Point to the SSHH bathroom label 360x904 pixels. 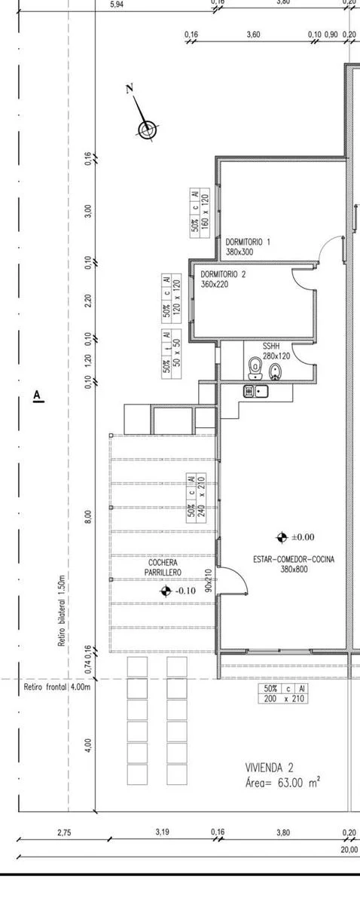pyautogui.click(x=271, y=347)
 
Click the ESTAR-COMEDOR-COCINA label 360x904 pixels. pyautogui.click(x=294, y=559)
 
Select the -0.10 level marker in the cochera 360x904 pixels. pyautogui.click(x=178, y=591)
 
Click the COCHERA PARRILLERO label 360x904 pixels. pyautogui.click(x=163, y=567)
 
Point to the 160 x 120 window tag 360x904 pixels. pyautogui.click(x=200, y=212)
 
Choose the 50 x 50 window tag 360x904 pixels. pyautogui.click(x=172, y=354)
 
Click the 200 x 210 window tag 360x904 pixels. pyautogui.click(x=283, y=693)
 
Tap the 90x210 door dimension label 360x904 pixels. pyautogui.click(x=209, y=580)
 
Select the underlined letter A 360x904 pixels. pyautogui.click(x=38, y=395)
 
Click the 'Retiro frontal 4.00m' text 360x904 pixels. pyautogui.click(x=57, y=686)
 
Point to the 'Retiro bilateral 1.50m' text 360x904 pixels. pyautogui.click(x=62, y=611)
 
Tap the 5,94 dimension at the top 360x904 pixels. pyautogui.click(x=117, y=5)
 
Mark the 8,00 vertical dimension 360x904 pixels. pyautogui.click(x=88, y=517)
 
